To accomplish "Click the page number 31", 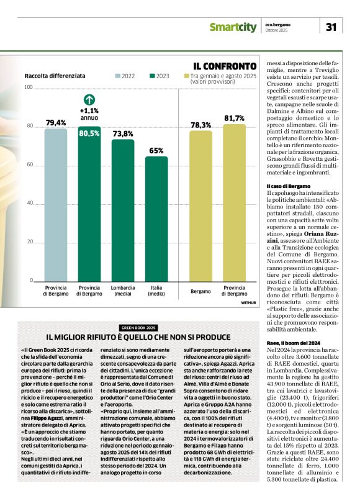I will click(331, 27).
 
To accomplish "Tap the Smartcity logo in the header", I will click(232, 27).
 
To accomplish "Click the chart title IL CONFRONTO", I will click(224, 65).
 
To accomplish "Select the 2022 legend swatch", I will click(118, 76).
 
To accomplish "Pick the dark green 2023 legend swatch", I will click(153, 76).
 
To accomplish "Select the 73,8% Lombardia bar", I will click(123, 211).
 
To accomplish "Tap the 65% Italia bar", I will click(156, 220).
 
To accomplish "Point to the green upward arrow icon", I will click(89, 99).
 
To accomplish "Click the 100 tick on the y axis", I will click(29, 87).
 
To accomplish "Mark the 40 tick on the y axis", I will click(30, 204).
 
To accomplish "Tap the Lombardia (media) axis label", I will click(123, 291).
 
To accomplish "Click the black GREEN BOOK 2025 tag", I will click(138, 327).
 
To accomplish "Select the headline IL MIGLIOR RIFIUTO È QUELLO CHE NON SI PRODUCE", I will click(138, 336).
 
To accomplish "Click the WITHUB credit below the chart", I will click(248, 302).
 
